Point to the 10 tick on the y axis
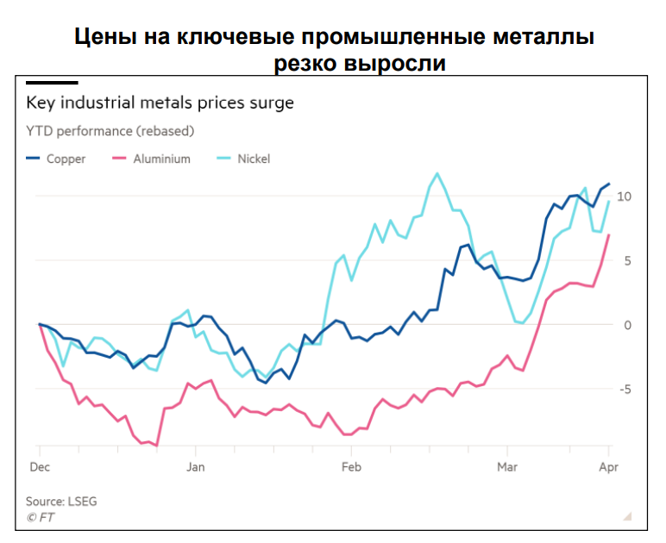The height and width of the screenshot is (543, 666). [625, 197]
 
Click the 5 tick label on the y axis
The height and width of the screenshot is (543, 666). [628, 260]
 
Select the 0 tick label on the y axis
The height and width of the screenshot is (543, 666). [628, 325]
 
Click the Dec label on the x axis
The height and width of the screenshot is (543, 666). [40, 467]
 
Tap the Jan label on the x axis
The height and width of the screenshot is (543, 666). [195, 467]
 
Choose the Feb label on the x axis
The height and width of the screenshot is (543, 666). [351, 467]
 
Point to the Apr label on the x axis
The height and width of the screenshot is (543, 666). [609, 467]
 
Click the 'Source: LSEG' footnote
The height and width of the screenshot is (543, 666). [62, 501]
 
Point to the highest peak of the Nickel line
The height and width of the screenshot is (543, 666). [437, 173]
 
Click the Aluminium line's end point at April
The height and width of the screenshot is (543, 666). [609, 235]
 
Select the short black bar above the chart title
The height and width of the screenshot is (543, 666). [52, 83]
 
